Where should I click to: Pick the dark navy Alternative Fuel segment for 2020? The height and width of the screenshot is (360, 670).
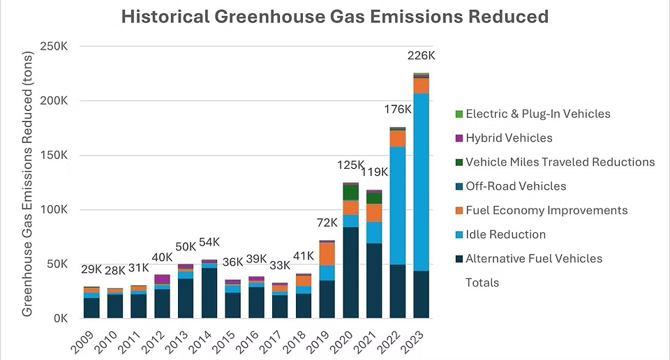pos(351,272)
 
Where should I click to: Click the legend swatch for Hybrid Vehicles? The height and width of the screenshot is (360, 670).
pos(458,138)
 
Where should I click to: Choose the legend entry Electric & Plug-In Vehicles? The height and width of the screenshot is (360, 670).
pos(537,114)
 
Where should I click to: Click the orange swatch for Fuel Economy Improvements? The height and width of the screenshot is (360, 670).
pos(458,211)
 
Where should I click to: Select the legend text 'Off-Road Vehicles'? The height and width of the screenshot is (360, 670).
pos(516,186)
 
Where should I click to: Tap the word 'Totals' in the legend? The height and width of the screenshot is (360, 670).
pos(482,283)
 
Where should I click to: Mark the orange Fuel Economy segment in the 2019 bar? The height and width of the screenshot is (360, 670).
pos(327,253)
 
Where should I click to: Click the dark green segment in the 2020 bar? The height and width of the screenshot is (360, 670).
pos(351,193)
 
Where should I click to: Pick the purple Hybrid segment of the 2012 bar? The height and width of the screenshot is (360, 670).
pos(163,279)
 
